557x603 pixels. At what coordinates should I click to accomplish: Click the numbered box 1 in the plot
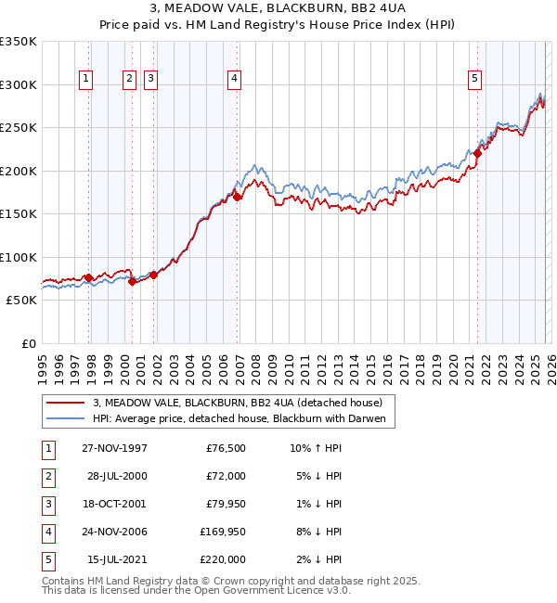coord(85,80)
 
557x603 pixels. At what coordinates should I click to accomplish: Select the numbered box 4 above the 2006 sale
coord(236,80)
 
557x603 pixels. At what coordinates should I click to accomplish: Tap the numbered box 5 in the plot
coord(474,80)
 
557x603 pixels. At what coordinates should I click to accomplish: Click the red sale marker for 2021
coord(478,154)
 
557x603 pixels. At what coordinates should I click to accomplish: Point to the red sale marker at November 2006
coord(238,197)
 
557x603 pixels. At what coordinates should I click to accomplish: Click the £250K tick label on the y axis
coord(19,128)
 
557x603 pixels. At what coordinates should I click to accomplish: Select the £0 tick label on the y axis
coord(29,344)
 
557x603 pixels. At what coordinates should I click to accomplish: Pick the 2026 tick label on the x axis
coord(551,366)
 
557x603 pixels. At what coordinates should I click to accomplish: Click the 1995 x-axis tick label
coord(43,366)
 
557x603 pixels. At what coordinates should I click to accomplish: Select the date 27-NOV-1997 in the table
coord(114,448)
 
